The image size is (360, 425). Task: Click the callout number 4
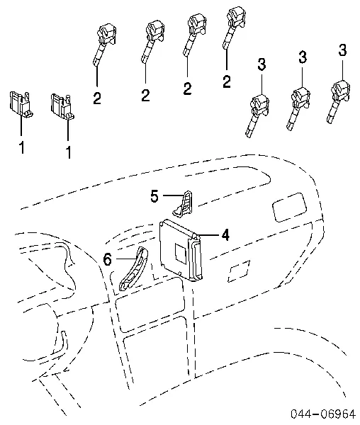pos(225,234)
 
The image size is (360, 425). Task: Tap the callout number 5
pos(154,196)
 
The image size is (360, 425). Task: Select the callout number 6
pos(108,259)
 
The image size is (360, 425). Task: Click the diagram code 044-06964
pos(322,414)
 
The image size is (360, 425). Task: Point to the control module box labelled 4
pos(181,250)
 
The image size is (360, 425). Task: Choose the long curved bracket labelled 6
pos(135,269)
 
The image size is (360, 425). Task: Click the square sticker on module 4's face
pos(181,253)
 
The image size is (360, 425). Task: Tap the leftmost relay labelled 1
pos(21,104)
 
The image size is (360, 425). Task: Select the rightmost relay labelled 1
pos(62,106)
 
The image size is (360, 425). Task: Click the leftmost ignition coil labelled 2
pos(104,43)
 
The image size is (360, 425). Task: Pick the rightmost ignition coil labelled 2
pos(235,27)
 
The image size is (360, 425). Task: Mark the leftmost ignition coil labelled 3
pos(257,115)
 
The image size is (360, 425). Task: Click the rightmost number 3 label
pos(343,50)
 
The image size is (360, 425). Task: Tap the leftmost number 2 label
pos(97,98)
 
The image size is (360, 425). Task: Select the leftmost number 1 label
pos(22,147)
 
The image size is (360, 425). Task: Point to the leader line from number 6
pos(128,259)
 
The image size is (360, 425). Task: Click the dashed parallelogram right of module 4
pos(239,271)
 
